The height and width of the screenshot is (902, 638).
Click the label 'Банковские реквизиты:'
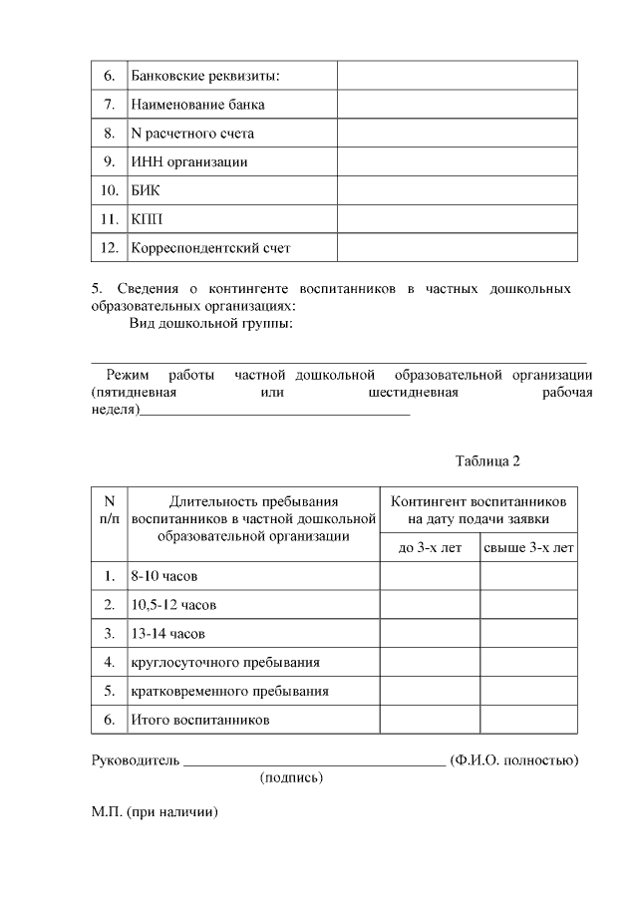pos(204,76)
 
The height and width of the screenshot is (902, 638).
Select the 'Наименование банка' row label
pos(197,105)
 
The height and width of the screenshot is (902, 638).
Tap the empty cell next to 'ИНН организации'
pos(457,161)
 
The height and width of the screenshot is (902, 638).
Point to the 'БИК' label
pos(146,190)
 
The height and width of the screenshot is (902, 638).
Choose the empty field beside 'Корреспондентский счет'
pos(457,247)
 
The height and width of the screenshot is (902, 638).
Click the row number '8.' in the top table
pos(109,133)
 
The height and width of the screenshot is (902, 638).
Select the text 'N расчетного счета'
pos(192,133)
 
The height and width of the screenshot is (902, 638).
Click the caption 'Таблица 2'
pos(488,460)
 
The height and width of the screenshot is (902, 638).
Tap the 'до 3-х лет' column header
pos(430,548)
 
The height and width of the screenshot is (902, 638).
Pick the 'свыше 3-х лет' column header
pos(528,548)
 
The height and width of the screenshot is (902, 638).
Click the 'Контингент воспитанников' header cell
pos(478,510)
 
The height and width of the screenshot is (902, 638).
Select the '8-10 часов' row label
pos(163,576)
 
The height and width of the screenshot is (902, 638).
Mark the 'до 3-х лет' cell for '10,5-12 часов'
pos(430,605)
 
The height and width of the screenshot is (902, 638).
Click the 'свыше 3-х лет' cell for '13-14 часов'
pos(528,633)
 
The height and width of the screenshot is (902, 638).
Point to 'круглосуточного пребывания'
pos(225,662)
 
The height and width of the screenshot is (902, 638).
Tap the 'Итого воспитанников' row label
pos(200,719)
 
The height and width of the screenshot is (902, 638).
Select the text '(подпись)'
pos(291,777)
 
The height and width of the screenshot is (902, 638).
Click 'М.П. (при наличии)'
pos(155,812)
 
